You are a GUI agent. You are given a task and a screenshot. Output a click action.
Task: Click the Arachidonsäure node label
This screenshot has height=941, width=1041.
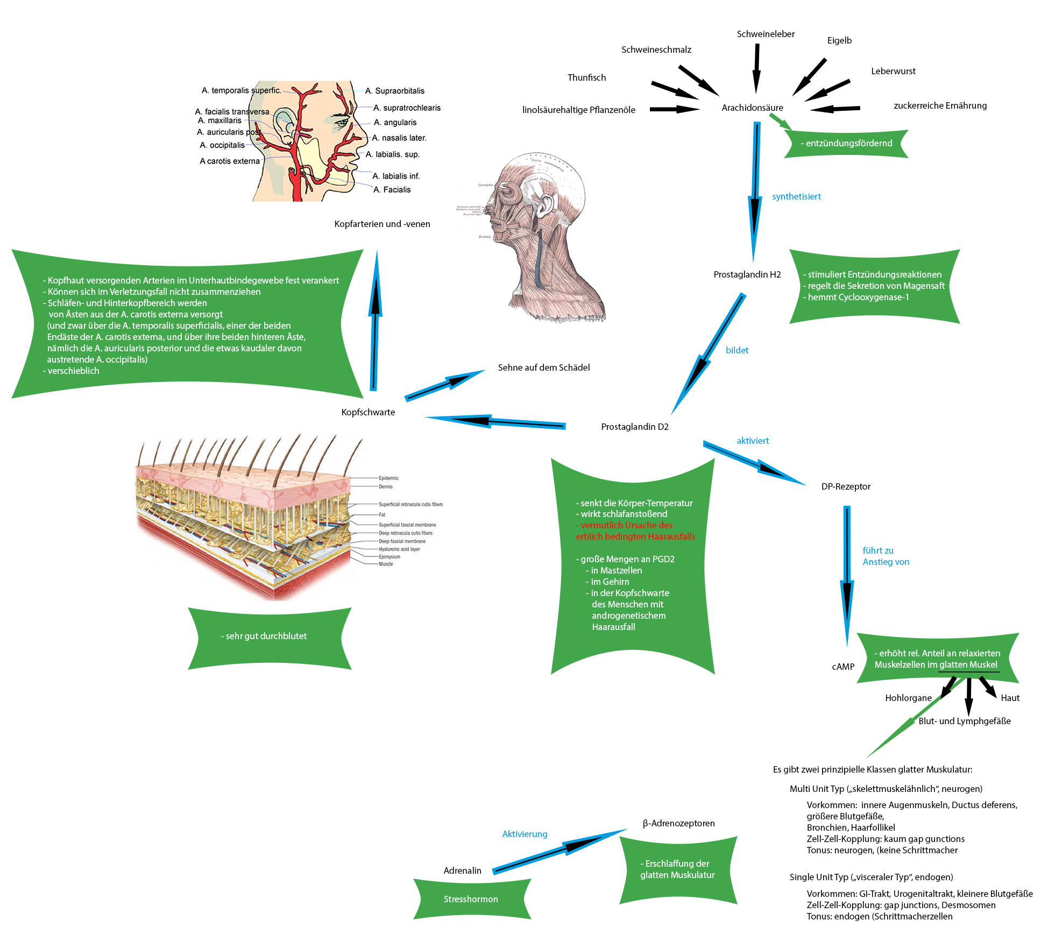click(752, 108)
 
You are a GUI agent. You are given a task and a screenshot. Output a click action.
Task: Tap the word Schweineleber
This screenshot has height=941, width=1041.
click(766, 34)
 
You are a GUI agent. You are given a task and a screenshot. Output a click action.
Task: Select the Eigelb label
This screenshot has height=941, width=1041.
click(839, 41)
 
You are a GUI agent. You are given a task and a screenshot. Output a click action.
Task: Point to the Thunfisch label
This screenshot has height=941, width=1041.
click(586, 78)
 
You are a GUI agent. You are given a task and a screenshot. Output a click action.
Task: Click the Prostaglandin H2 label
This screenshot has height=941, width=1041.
click(747, 275)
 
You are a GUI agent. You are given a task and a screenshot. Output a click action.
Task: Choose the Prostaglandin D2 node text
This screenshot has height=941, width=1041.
click(634, 427)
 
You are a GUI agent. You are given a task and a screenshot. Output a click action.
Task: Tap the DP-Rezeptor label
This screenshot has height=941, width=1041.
click(846, 487)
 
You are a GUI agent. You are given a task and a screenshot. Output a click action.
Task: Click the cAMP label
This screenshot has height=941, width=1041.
click(843, 667)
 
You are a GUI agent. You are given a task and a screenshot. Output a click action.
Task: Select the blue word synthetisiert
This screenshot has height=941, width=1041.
click(796, 197)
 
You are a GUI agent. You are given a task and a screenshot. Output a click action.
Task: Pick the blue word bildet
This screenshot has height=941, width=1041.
click(737, 351)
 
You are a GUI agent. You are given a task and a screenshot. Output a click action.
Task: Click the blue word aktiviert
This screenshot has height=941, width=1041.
click(753, 441)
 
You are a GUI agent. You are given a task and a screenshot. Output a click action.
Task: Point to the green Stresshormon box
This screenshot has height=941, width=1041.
click(471, 900)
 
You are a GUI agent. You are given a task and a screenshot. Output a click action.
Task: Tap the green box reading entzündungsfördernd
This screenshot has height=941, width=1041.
click(846, 144)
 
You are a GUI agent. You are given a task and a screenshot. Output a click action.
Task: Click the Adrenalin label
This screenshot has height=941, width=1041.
click(462, 871)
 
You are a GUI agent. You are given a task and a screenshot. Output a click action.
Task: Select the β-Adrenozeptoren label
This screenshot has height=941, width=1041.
click(678, 824)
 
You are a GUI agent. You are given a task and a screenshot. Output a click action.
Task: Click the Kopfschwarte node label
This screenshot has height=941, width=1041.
click(368, 413)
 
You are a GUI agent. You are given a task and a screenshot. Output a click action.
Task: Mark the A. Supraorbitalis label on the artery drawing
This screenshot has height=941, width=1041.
click(395, 91)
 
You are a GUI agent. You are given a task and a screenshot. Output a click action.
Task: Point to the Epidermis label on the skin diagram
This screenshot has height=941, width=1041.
click(388, 478)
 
